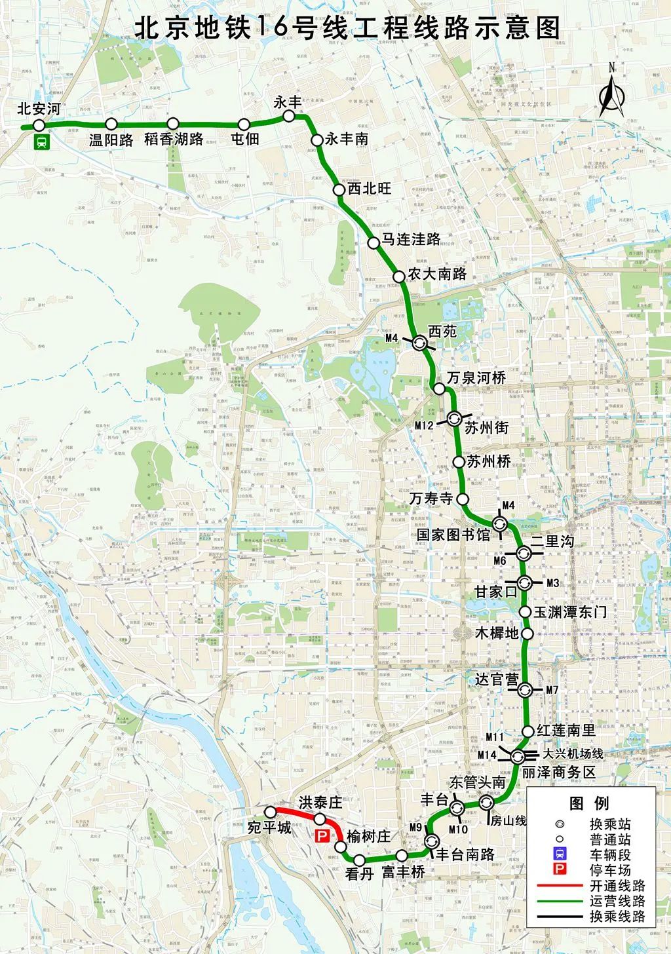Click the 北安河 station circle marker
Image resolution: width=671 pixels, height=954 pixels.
click(x=39, y=125)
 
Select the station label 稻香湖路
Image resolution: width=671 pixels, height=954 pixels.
click(x=174, y=140)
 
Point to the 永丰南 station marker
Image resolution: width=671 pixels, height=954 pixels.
click(x=316, y=140)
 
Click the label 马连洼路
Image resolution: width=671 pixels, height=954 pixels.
click(x=412, y=239)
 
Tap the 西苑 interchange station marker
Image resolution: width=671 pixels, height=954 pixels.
click(x=419, y=341)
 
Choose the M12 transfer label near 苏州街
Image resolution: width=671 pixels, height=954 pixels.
click(x=425, y=425)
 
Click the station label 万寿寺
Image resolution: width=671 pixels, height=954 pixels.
click(x=431, y=499)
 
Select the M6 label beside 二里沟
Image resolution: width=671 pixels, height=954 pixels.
click(x=500, y=561)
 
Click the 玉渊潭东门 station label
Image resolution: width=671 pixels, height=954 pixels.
click(x=570, y=613)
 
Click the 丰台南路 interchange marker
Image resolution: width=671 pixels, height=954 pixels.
click(x=432, y=841)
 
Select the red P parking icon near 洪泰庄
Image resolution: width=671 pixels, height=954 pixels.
click(x=322, y=836)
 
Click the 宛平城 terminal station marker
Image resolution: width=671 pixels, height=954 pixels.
click(x=270, y=812)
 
